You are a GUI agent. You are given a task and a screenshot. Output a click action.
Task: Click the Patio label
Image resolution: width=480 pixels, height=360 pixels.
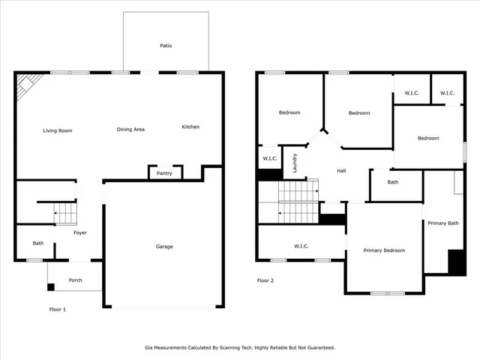click(x=166, y=46)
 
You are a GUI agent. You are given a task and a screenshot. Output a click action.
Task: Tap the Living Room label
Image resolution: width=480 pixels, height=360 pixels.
click(x=57, y=130)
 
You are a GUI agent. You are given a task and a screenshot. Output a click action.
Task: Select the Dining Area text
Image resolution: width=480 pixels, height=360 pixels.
click(x=130, y=129)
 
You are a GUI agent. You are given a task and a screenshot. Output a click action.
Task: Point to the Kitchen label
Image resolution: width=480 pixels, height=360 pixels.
click(x=190, y=127)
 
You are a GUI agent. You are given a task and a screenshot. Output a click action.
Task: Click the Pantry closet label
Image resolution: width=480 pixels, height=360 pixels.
click(x=164, y=173)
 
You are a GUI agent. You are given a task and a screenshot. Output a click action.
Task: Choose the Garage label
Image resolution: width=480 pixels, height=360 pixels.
click(x=164, y=246)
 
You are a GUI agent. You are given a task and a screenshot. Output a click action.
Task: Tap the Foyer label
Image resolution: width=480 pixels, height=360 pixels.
click(x=80, y=232)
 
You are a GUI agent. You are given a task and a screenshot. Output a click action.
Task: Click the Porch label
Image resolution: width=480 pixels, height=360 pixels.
click(x=76, y=280)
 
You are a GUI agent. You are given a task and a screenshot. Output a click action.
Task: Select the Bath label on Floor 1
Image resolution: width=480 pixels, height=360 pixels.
click(x=38, y=243)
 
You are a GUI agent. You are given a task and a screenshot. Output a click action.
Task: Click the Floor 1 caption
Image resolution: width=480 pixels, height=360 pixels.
click(x=58, y=309)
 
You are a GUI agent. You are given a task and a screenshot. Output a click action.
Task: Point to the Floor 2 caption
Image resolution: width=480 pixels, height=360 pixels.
click(x=265, y=280)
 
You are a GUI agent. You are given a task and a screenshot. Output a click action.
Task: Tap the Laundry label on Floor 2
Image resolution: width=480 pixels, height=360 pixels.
click(x=295, y=162)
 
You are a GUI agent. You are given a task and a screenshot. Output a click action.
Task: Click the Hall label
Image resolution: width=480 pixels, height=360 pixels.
click(x=341, y=171)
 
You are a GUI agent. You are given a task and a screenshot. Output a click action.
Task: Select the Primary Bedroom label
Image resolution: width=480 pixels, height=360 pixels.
click(x=384, y=250)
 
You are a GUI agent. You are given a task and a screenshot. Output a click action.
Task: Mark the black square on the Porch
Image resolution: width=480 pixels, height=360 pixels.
click(x=50, y=286)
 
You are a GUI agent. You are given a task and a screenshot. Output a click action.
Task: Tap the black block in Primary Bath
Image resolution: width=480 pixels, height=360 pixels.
click(x=456, y=262)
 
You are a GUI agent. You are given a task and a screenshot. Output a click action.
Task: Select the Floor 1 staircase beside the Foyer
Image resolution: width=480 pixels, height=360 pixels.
click(x=65, y=214)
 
